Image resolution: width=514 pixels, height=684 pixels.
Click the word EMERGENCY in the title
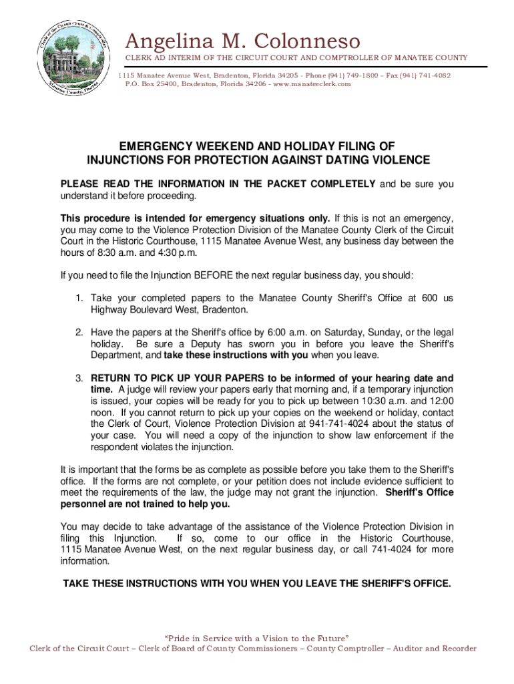[154, 146]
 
